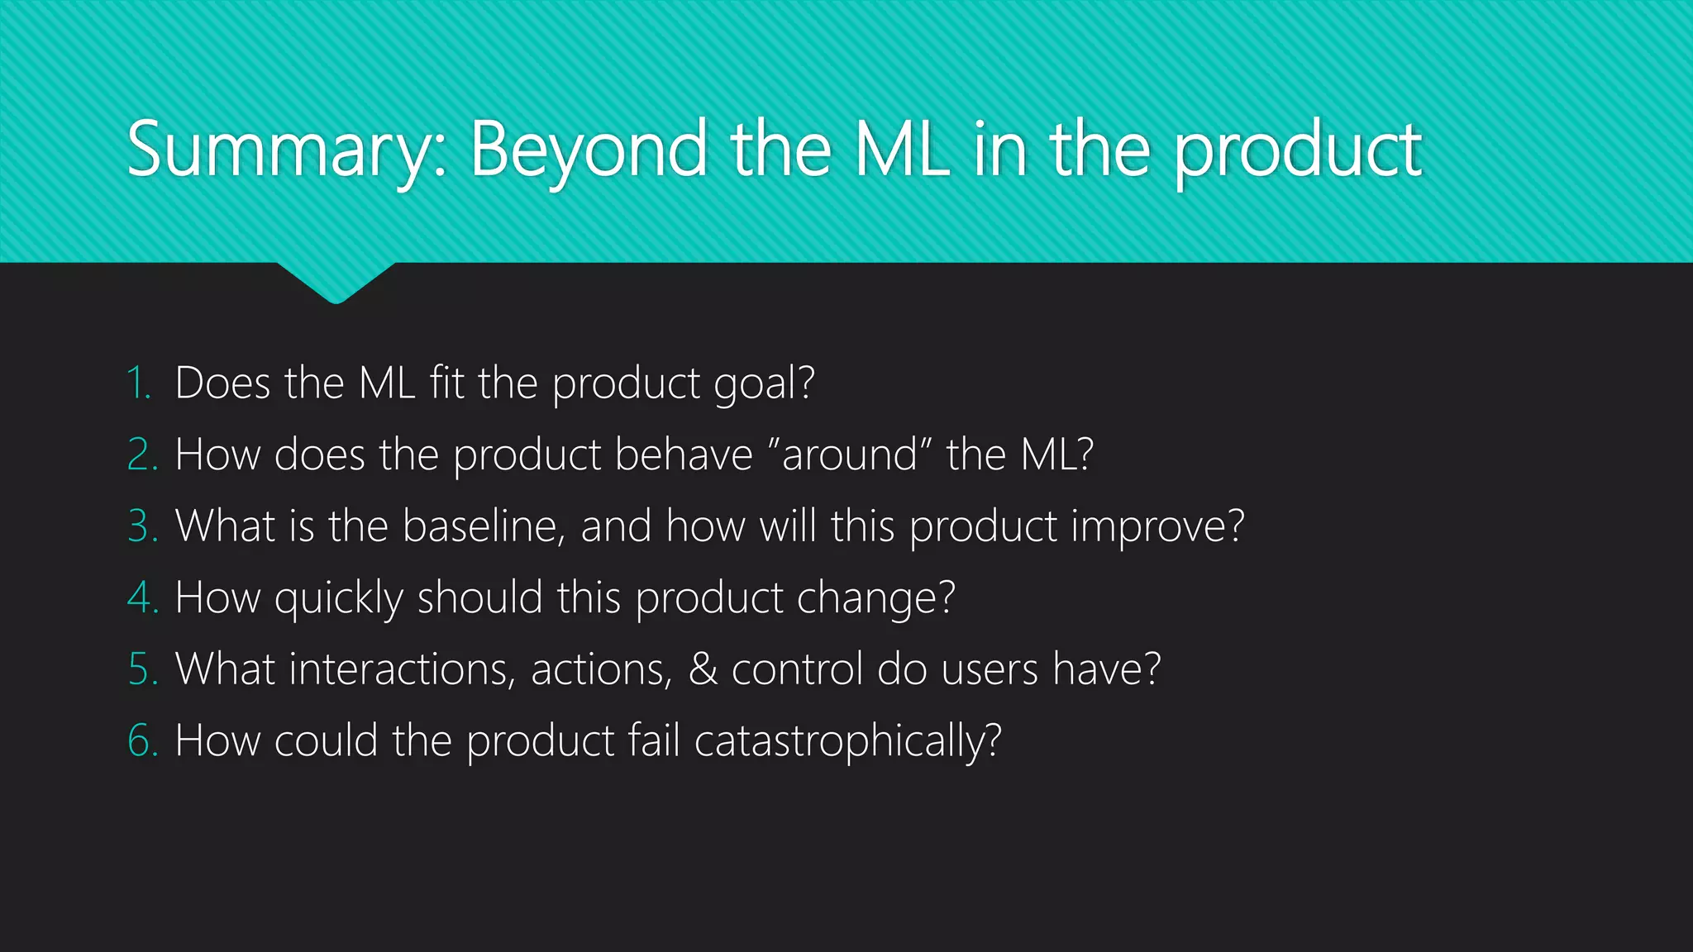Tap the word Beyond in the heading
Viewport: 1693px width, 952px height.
pyautogui.click(x=588, y=150)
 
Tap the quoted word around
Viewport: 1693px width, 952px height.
pyautogui.click(x=850, y=455)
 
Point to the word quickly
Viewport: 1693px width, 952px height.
pyautogui.click(x=338, y=598)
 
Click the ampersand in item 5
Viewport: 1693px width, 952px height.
pyautogui.click(x=703, y=669)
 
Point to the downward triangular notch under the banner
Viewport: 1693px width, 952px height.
pyautogui.click(x=336, y=281)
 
